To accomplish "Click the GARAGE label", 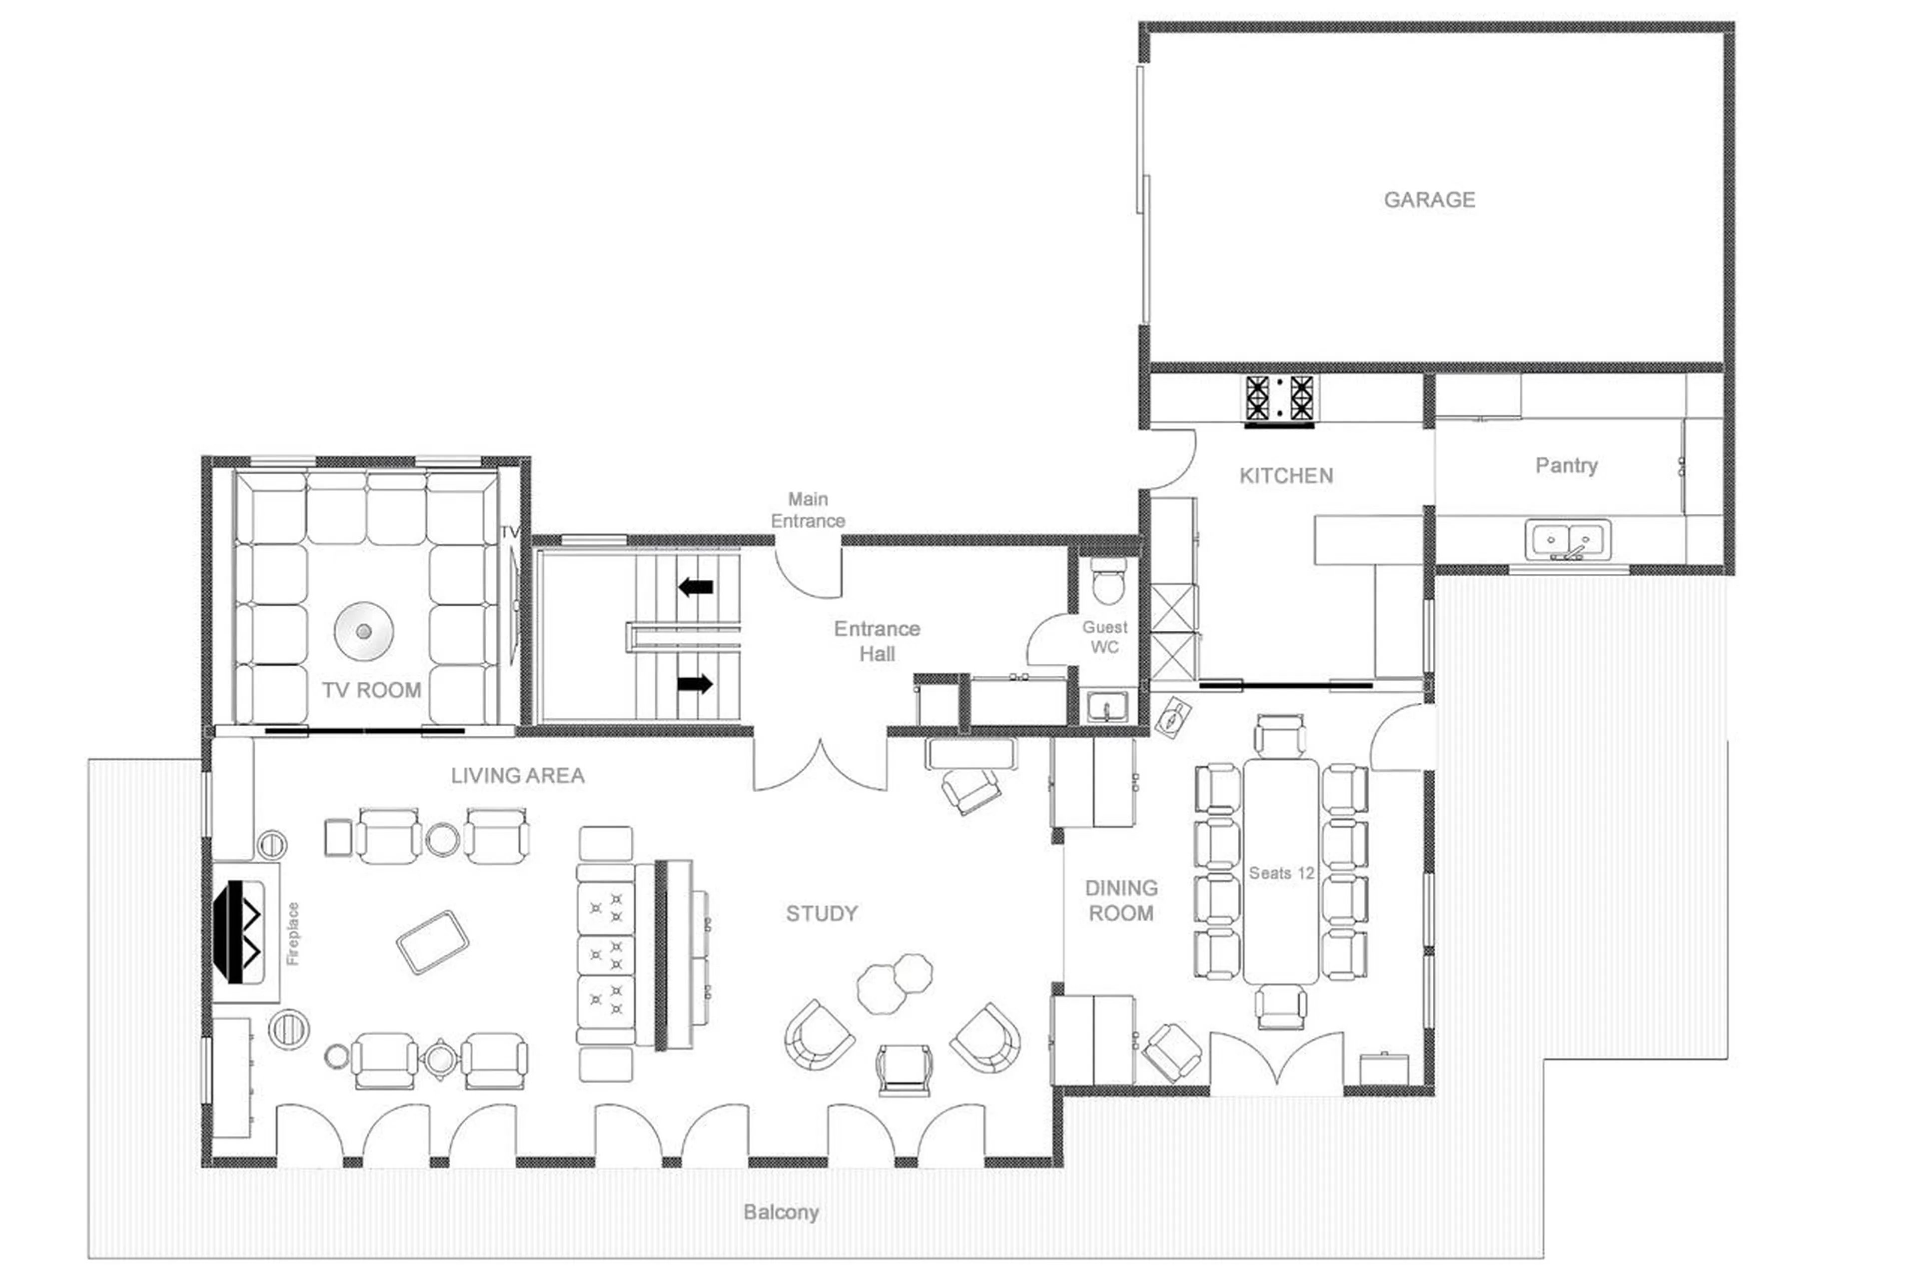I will (1429, 200).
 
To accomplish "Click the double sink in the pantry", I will (1567, 540).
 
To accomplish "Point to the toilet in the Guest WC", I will (1107, 581).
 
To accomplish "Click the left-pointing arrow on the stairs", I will (696, 586).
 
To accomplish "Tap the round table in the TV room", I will (364, 631).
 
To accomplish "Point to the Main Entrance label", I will (808, 510).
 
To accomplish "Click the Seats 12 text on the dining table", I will (1281, 873).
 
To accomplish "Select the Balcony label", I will (781, 1212).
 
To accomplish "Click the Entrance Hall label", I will (877, 641).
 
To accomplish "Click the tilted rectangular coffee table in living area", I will (432, 942).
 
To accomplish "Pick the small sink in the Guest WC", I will (1107, 706).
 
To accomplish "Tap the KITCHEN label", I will (1286, 475).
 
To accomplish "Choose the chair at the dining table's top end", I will (1280, 736).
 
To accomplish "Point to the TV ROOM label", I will (371, 690).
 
